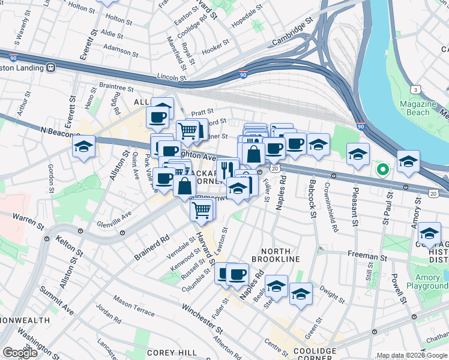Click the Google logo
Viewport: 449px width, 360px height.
(20, 352)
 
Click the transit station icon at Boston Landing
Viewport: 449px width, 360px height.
(51, 68)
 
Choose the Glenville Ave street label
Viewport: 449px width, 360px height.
(113, 219)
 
